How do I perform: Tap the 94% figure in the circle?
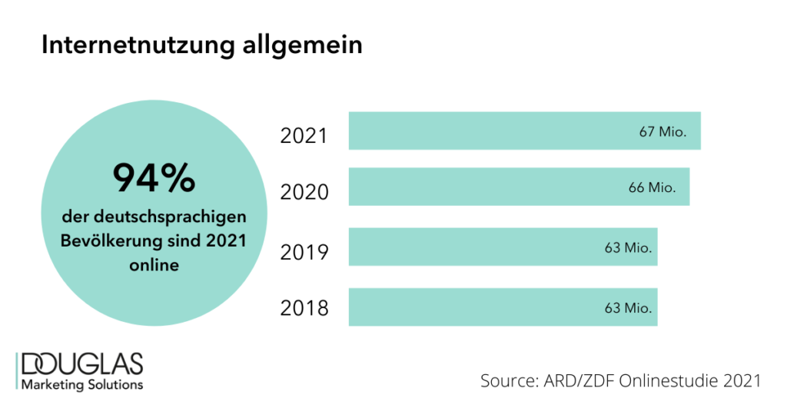154,178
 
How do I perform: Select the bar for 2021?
492,131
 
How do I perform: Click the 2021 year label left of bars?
304,136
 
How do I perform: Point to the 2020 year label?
304,192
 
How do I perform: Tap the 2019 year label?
304,252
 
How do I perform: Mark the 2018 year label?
304,310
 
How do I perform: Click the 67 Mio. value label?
662,131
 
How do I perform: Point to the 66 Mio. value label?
652,187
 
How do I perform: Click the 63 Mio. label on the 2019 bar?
628,247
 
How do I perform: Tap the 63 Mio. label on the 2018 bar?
628,308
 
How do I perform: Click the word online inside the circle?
154,265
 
